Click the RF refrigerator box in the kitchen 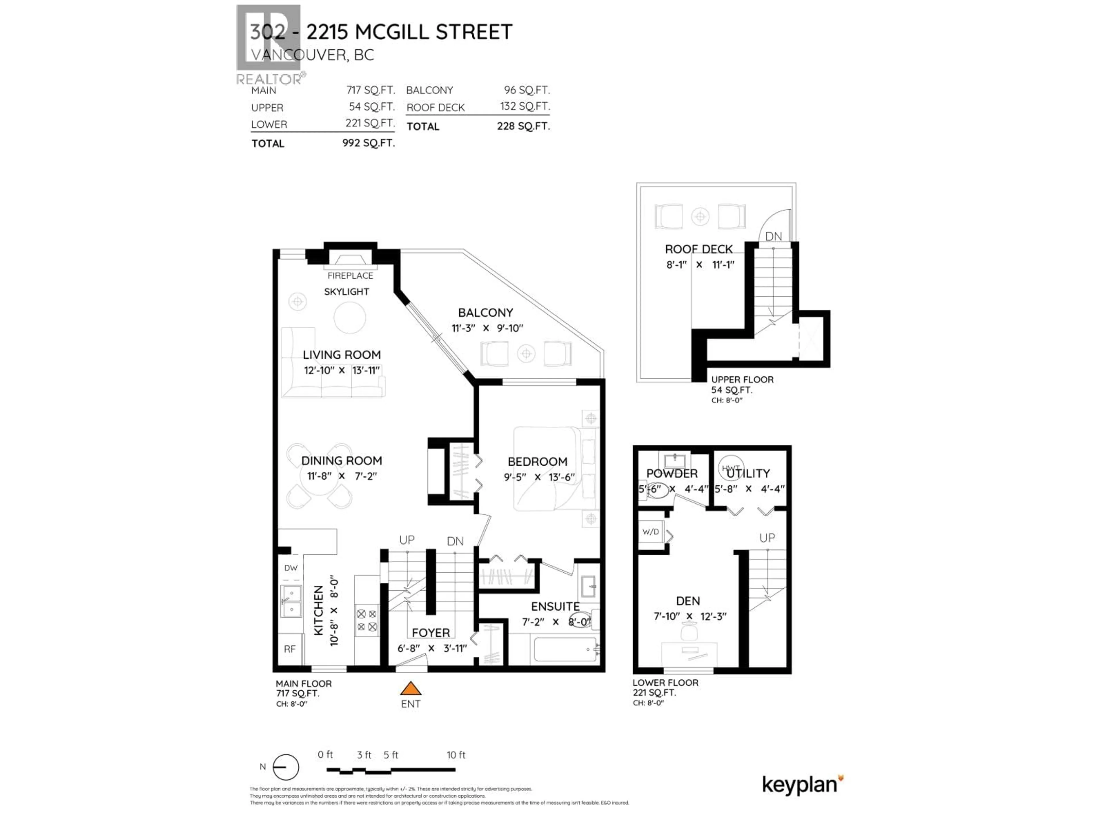click(290, 649)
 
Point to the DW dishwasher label click(291, 568)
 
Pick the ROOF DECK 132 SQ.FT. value click(525, 107)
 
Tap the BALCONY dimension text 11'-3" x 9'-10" click(487, 328)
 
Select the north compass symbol click(285, 767)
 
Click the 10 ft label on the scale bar click(456, 755)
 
